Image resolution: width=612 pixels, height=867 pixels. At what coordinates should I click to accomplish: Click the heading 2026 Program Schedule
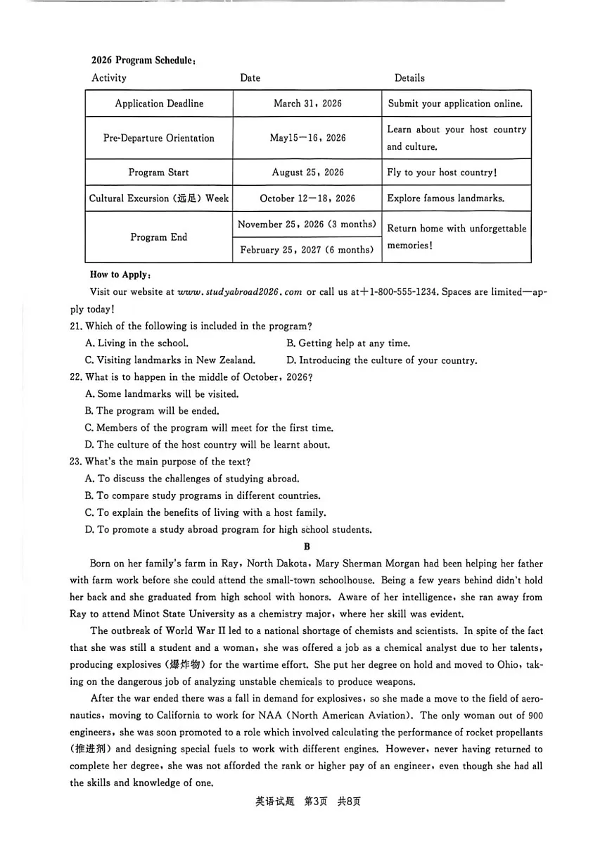pyautogui.click(x=143, y=61)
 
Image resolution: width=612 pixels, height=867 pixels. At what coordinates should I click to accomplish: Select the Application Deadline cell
pyautogui.click(x=159, y=103)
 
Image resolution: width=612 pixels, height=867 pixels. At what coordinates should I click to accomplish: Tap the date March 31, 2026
pyautogui.click(x=307, y=103)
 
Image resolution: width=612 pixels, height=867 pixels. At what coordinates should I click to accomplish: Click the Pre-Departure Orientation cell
pyautogui.click(x=159, y=138)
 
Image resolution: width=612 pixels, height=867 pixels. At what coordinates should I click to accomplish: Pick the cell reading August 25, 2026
pyautogui.click(x=307, y=172)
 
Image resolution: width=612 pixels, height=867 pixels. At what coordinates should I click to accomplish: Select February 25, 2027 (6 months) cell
pyautogui.click(x=307, y=250)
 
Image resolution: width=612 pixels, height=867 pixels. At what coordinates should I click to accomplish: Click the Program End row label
pyautogui.click(x=159, y=237)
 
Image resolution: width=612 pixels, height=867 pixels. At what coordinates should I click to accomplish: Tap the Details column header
pyautogui.click(x=409, y=78)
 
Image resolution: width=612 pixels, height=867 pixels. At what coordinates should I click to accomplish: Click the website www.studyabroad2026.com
pyautogui.click(x=240, y=292)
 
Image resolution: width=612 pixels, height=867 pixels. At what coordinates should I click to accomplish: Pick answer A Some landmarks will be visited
pyautogui.click(x=162, y=394)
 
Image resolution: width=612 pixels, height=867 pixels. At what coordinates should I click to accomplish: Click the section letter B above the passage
pyautogui.click(x=307, y=547)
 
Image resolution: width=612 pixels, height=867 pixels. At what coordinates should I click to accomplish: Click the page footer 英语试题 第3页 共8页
pyautogui.click(x=307, y=802)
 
